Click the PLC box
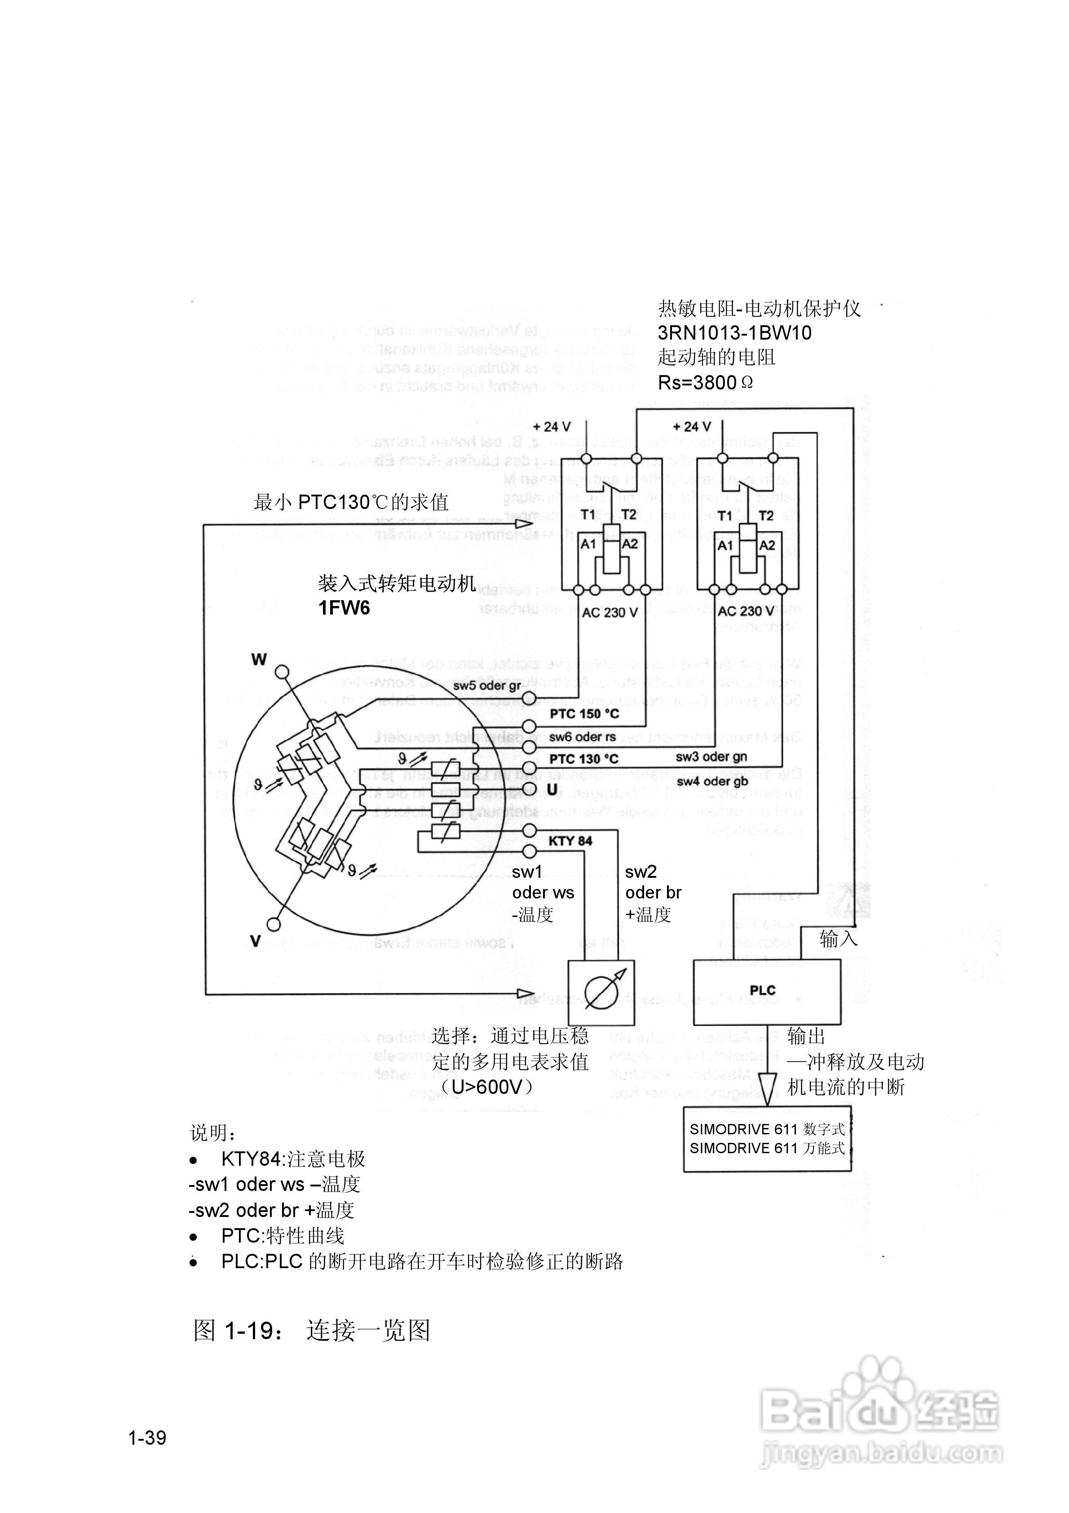click(x=766, y=991)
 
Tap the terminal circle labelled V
click(x=274, y=924)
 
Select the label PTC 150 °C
click(x=584, y=714)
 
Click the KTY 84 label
click(x=570, y=841)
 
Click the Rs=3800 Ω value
click(x=705, y=382)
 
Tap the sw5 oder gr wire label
click(x=487, y=686)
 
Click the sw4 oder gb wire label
click(x=712, y=782)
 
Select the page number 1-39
click(x=148, y=1438)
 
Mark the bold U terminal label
click(x=552, y=789)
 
